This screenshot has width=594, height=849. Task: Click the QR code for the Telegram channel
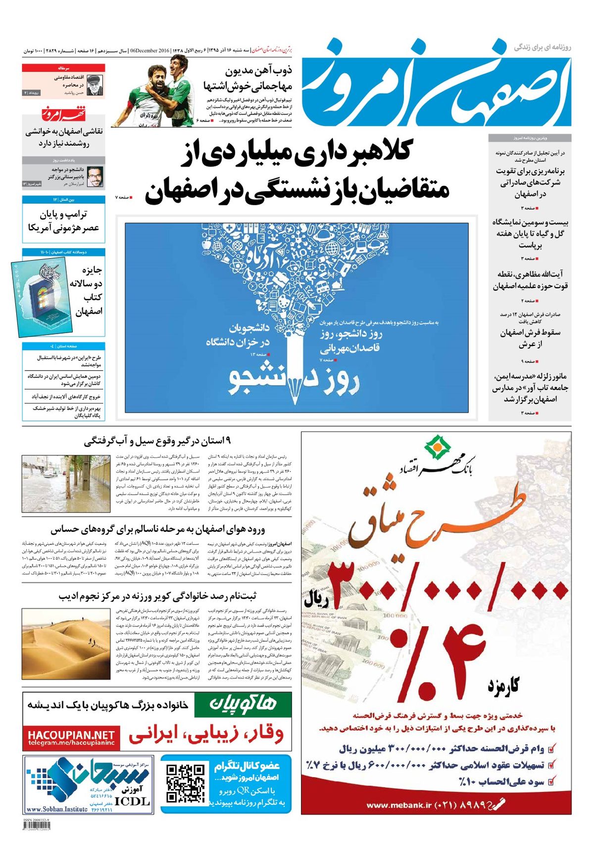coord(185,784)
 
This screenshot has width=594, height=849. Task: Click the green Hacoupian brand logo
coord(243,704)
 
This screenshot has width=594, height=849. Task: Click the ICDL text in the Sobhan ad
coord(132,801)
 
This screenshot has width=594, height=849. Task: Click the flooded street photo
coord(66,484)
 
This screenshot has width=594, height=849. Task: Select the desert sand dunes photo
coord(66,644)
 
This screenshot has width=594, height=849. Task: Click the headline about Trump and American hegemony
coord(63,221)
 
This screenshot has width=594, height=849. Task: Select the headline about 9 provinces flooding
coord(157,441)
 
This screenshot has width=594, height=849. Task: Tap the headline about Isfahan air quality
coord(158,529)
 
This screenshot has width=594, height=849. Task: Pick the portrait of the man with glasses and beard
coord(95,177)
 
